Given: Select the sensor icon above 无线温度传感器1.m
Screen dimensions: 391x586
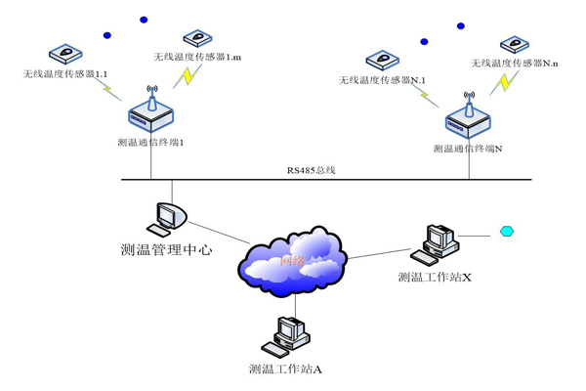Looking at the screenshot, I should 198,38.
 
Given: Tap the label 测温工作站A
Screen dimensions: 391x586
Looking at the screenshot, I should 285,369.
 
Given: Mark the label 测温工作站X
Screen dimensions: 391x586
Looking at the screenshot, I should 436,278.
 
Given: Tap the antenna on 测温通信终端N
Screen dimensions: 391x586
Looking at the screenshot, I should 468,102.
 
